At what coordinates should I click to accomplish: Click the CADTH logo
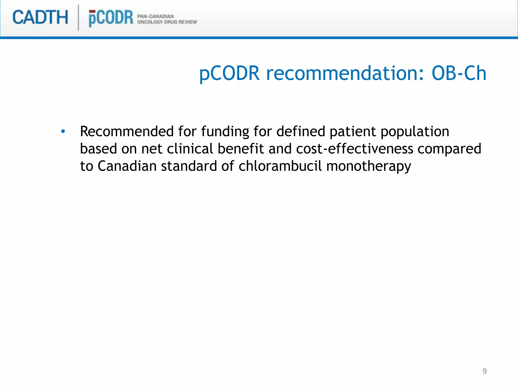point(40,17)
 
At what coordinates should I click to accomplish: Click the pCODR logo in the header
point(111,18)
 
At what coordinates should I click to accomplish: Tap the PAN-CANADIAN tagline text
point(155,16)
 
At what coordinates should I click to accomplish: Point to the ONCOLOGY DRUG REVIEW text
point(167,22)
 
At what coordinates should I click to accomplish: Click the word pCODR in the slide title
point(229,74)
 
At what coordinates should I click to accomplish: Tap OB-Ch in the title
point(459,73)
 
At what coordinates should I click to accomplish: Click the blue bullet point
point(63,131)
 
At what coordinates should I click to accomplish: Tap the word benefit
point(241,149)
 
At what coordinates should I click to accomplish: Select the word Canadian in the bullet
point(127,166)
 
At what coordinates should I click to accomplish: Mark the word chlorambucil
point(280,166)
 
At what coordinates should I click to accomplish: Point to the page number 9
point(484,371)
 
